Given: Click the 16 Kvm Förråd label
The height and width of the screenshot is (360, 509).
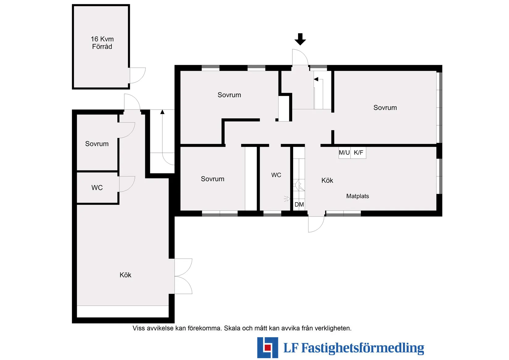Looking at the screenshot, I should (102, 43).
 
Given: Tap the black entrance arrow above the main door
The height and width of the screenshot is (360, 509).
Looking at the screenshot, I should (300, 39).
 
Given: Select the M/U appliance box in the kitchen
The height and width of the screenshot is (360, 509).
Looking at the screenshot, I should (344, 153).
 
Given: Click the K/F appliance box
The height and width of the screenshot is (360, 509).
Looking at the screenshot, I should (358, 153).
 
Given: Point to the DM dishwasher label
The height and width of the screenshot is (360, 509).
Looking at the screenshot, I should (299, 204).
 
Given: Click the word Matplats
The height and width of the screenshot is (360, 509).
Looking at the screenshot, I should (358, 196).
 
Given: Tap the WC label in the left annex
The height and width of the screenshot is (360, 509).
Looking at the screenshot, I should (97, 188).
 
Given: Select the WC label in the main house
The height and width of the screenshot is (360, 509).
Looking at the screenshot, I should (276, 175).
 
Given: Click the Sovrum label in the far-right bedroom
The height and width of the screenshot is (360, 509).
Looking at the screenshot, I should (385, 108).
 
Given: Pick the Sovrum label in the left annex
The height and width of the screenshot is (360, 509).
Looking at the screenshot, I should (97, 144).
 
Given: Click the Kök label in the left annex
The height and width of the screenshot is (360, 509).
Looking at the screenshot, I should (125, 275).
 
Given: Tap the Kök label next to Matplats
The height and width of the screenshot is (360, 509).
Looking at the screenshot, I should (327, 181).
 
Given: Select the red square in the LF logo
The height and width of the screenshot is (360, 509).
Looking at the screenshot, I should (267, 348).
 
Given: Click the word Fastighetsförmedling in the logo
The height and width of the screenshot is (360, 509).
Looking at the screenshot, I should (362, 348).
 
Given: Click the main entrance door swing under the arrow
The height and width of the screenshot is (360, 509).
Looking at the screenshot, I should (300, 58).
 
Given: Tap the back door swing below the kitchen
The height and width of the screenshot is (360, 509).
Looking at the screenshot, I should (316, 224).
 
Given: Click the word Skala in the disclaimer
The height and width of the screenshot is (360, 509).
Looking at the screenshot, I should (232, 328).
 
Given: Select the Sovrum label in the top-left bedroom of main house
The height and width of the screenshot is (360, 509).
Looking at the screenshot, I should (229, 95).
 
